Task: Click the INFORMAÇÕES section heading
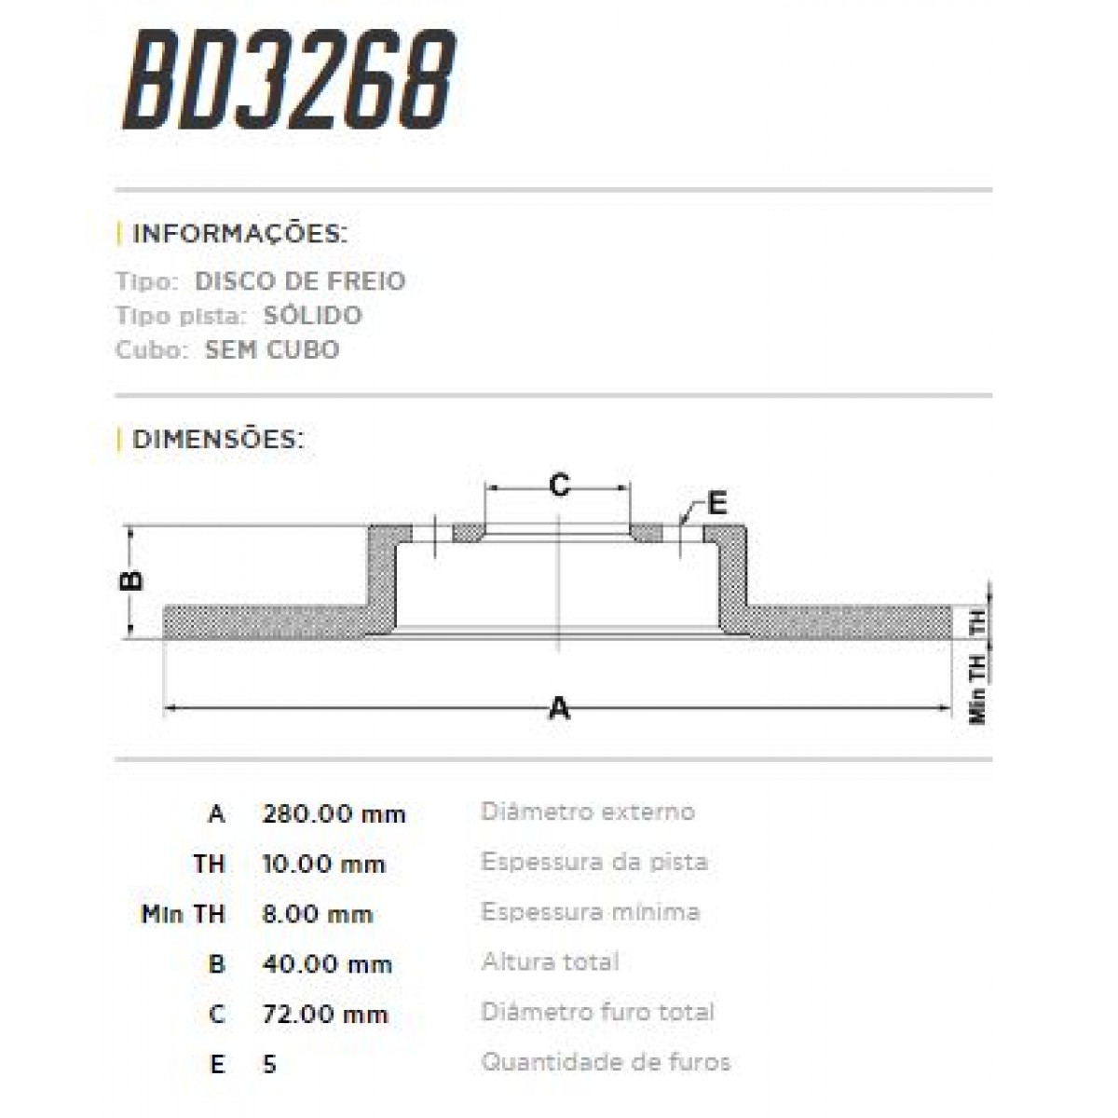[239, 233]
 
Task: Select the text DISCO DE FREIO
[300, 281]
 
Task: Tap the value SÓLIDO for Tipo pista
[312, 316]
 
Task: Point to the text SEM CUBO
[272, 350]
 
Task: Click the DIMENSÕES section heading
[218, 439]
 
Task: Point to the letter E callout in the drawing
[716, 503]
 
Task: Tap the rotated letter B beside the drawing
[132, 580]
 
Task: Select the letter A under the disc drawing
[559, 709]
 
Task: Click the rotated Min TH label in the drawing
[977, 688]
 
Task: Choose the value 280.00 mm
[334, 814]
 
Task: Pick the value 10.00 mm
[324, 865]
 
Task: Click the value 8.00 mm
[318, 914]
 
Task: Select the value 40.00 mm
[328, 964]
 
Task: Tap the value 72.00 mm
[325, 1014]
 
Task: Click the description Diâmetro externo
[587, 811]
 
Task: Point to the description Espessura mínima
[590, 911]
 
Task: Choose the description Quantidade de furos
[606, 1061]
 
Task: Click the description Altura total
[550, 961]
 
